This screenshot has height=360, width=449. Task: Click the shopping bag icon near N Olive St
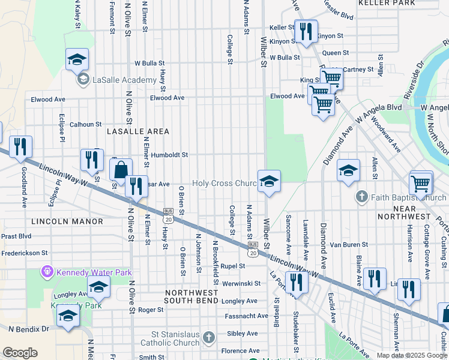(121, 170)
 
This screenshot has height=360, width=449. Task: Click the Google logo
(20, 353)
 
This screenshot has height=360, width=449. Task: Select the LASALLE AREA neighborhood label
(137, 131)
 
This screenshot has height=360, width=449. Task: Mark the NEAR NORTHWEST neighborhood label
(404, 216)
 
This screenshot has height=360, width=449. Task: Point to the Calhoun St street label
(86, 125)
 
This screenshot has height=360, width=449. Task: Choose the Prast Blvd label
(16, 236)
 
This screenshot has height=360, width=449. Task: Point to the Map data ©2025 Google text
(411, 355)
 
